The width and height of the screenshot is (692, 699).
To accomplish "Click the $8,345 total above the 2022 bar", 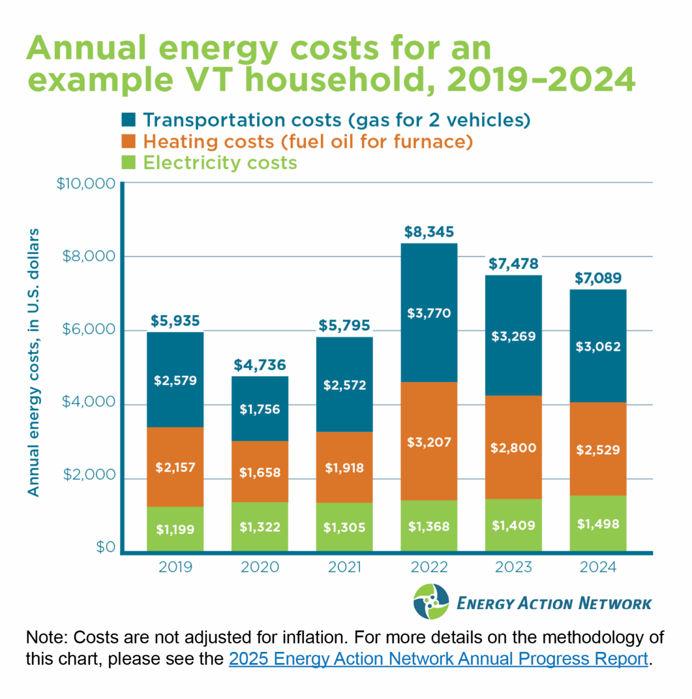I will (x=429, y=232).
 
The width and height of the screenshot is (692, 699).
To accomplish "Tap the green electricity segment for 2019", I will (x=175, y=529).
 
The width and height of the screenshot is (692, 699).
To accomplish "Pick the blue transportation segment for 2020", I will (x=259, y=408).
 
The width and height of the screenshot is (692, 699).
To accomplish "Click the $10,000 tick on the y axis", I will (x=86, y=184).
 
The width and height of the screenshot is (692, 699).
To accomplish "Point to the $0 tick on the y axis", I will (x=105, y=548).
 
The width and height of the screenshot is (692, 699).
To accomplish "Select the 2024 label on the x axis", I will (x=598, y=567).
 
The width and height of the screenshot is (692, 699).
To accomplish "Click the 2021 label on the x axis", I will (x=344, y=567).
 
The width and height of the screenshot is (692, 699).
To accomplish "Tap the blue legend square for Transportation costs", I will (x=129, y=120).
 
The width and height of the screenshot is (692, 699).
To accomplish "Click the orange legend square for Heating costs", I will (x=129, y=141).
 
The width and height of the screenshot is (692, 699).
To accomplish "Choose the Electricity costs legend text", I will (x=220, y=163).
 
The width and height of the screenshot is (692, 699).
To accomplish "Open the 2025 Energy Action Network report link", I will (x=438, y=659).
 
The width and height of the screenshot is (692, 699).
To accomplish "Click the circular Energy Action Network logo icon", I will (x=431, y=602).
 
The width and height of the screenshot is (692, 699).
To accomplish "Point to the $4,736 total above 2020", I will (x=259, y=365).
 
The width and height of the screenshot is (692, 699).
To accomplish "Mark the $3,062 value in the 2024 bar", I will (x=598, y=347).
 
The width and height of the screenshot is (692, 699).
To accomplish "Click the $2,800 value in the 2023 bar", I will (x=513, y=448).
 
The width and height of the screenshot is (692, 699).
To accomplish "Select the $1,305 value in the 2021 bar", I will (x=344, y=527).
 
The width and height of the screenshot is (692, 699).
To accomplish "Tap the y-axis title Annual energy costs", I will (x=34, y=362).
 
